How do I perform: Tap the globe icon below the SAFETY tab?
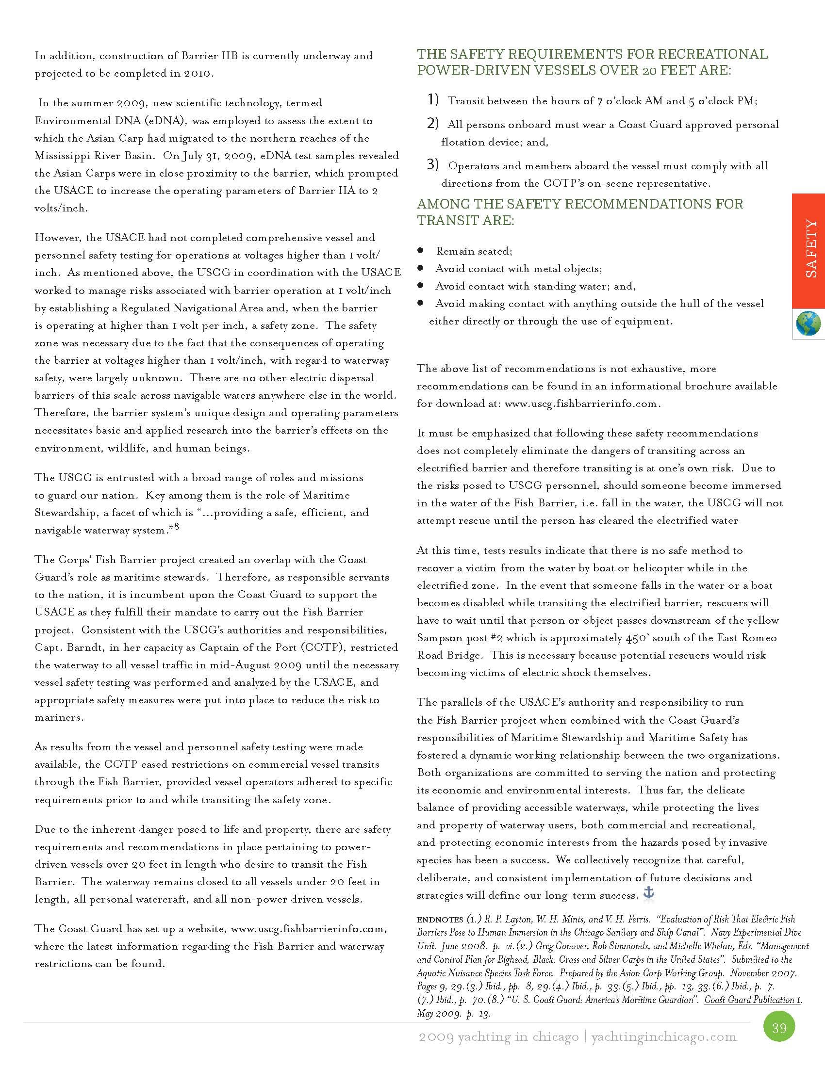808,324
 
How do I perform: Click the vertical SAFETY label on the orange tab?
810,249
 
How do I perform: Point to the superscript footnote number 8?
177,526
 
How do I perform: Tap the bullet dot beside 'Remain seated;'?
420,251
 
